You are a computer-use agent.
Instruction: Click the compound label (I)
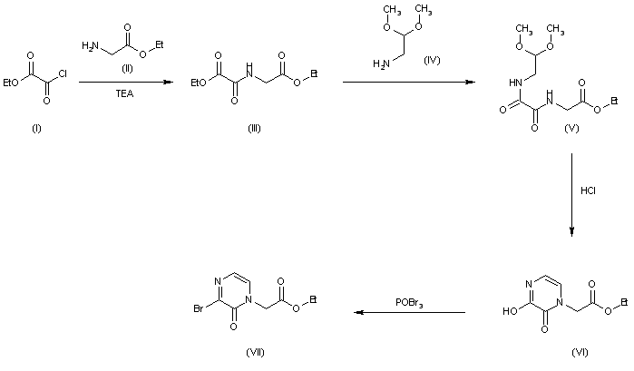click(35, 127)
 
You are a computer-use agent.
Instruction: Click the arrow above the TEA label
click(125, 83)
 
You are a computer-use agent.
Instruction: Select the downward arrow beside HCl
click(572, 194)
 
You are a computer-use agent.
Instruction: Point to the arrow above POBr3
click(410, 313)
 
